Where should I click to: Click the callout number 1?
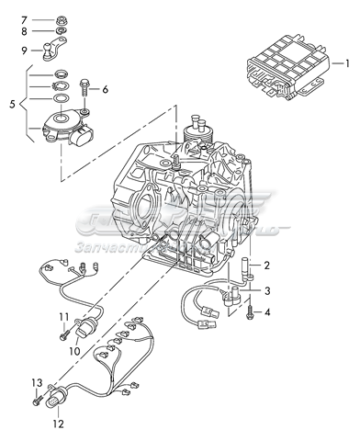347,62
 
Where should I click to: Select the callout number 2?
267,266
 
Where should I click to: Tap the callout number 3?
267,290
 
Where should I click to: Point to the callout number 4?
267,313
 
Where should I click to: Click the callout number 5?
12,106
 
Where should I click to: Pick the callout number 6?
106,89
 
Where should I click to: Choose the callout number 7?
24,18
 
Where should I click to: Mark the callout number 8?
24,32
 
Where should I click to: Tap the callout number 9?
24,50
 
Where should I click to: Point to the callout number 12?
57,424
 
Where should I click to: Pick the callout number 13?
37,382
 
